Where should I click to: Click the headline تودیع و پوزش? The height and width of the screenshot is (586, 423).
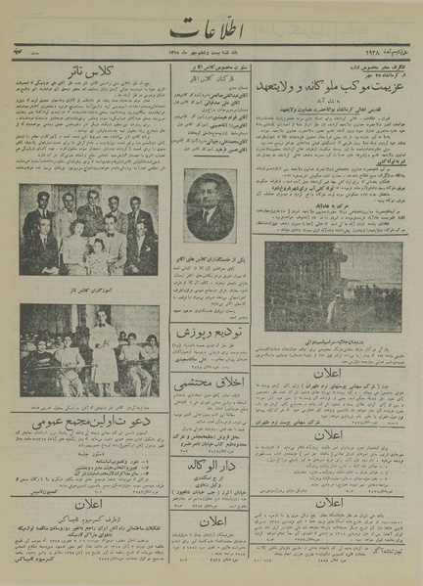click(x=209, y=333)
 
